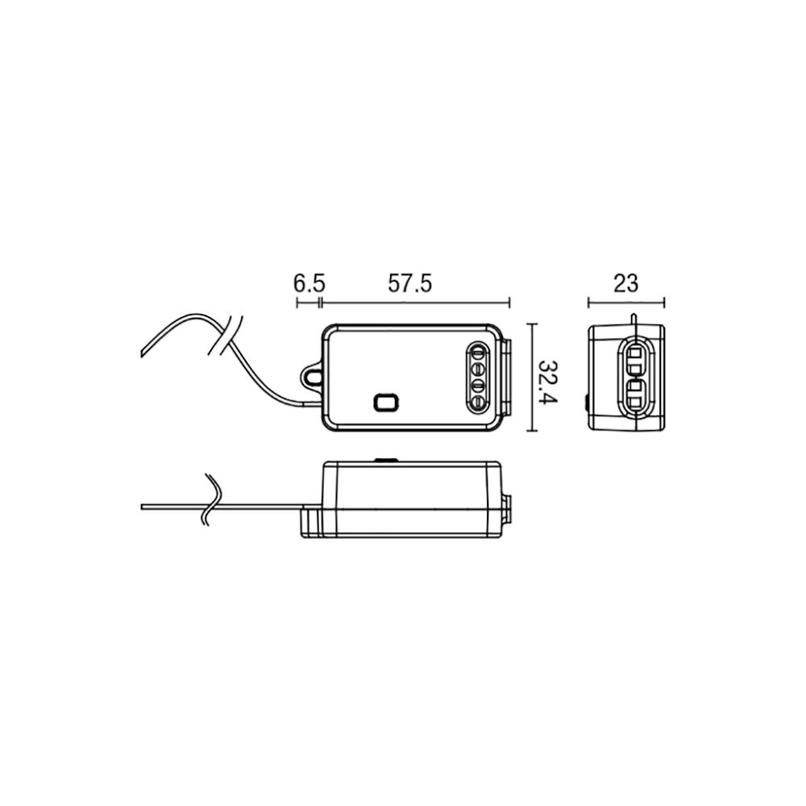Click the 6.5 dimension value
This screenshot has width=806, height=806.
[309, 283]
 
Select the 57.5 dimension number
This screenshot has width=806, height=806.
[411, 283]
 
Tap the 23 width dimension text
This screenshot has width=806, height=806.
[625, 283]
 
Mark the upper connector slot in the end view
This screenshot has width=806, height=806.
[634, 360]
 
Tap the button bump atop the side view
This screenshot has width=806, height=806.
[386, 460]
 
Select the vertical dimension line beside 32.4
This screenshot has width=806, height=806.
[533, 378]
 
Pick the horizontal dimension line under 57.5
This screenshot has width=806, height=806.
[416, 303]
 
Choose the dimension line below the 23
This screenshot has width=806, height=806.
[626, 303]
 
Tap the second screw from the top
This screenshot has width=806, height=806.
[477, 370]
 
